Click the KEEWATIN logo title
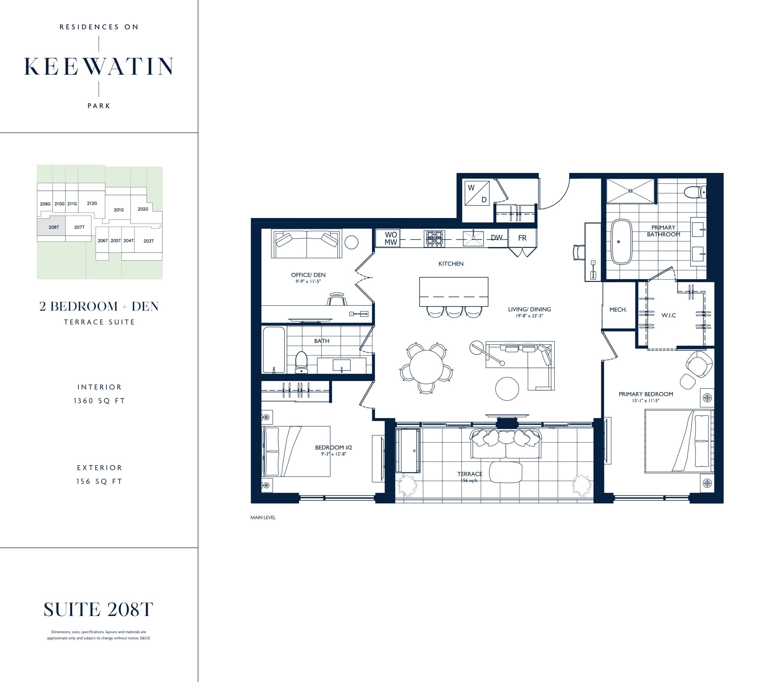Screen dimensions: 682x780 (x=99, y=67)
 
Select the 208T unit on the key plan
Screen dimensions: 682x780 (x=54, y=227)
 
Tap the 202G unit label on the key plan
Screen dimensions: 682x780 (x=143, y=209)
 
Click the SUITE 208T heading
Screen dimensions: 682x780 (x=99, y=609)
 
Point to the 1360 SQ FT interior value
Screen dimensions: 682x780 (x=99, y=401)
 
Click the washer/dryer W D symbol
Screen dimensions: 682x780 (x=477, y=193)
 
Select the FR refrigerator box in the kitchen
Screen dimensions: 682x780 (x=522, y=238)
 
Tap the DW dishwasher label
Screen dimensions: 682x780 (x=496, y=238)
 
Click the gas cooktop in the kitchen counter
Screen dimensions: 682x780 (x=434, y=239)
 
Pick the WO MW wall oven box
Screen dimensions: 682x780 (x=390, y=238)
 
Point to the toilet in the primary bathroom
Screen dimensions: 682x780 (x=695, y=192)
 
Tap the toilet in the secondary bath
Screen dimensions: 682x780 (x=301, y=362)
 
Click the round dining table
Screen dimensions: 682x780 (x=426, y=367)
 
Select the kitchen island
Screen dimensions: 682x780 (x=453, y=292)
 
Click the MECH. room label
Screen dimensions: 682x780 (x=618, y=310)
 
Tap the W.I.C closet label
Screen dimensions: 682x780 (x=668, y=315)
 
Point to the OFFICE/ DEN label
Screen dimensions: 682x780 (x=308, y=275)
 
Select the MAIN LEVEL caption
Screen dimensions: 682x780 (x=263, y=518)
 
